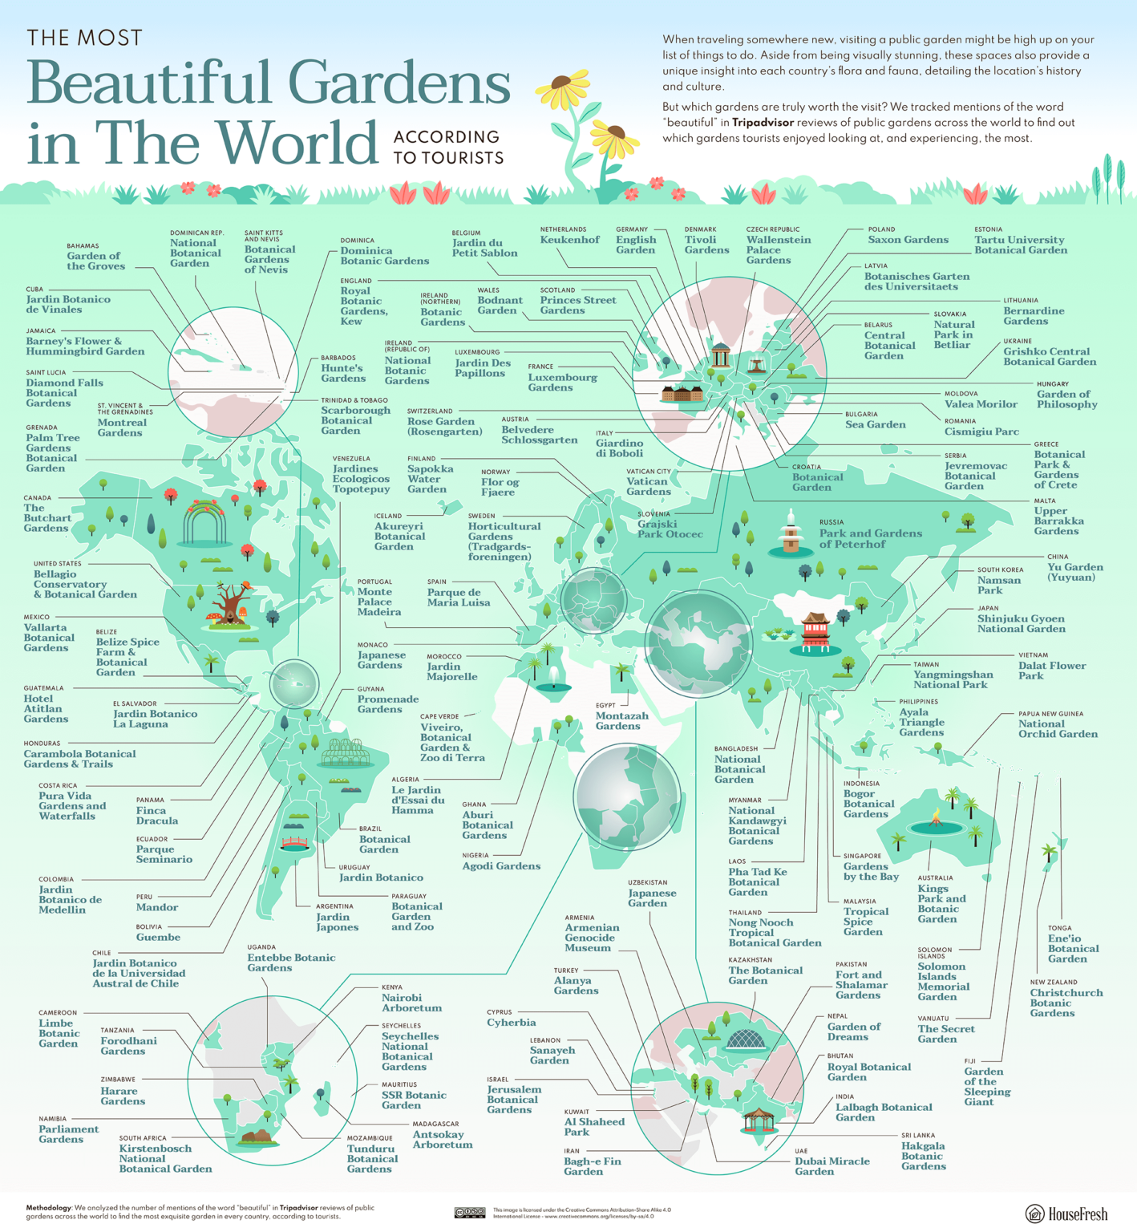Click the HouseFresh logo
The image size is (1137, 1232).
pos(1066,1214)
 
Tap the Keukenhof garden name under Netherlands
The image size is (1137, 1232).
pos(569,240)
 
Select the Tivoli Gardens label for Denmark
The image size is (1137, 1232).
pos(706,245)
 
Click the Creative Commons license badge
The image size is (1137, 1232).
pos(469,1213)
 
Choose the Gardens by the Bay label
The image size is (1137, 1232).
pos(871,871)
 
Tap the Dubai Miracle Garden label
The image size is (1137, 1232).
pos(832,1166)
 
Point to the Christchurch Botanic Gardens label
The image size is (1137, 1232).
pos(1066,1003)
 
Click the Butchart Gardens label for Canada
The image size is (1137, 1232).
pos(47,517)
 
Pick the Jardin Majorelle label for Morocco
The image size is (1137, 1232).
pos(452,671)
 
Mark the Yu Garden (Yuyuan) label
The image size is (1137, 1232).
pos(1074,572)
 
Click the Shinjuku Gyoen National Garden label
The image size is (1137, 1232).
pos(1021,623)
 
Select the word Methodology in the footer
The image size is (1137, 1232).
pos(48,1207)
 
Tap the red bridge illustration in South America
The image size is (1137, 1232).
pos(295,843)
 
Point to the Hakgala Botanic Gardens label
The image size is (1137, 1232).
pos(923,1156)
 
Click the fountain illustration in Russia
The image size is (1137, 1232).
pos(791,534)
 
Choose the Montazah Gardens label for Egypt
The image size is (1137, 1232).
pos(617,720)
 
